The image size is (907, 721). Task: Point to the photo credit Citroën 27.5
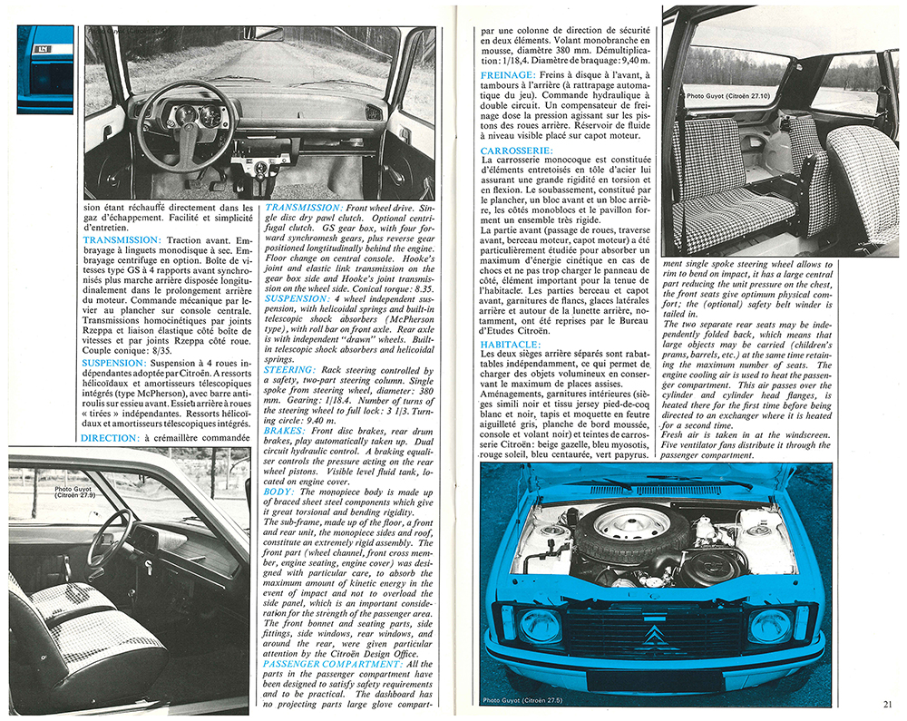click(x=526, y=701)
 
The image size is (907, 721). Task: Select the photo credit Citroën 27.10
click(x=717, y=94)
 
